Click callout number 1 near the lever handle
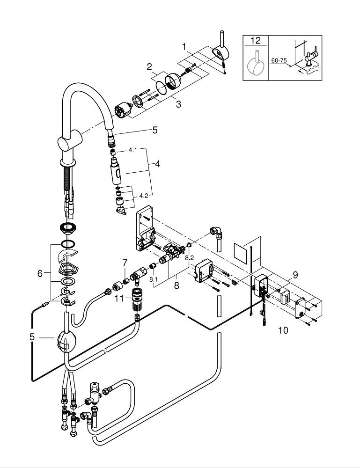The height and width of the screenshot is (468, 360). tap(185, 47)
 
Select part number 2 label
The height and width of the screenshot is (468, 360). tap(149, 67)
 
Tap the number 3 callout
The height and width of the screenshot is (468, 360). tap(178, 104)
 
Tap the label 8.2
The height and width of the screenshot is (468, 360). tap(190, 257)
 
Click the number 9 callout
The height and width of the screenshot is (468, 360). tap(295, 275)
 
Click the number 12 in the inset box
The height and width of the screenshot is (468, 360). tap(255, 40)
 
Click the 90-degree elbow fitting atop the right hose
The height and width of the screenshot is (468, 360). tap(216, 231)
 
